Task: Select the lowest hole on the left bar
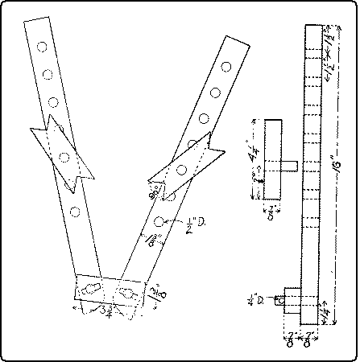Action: (74, 212)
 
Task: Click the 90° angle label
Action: (152, 191)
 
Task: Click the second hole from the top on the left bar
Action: (48, 75)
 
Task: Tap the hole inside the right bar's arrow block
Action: (183, 169)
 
